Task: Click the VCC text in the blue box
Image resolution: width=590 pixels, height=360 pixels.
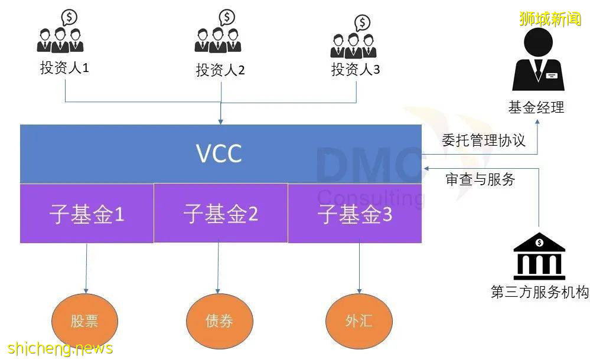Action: tap(219, 154)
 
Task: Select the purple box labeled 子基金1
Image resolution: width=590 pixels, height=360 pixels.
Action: tap(87, 214)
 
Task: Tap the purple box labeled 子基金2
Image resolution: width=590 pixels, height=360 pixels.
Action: tap(221, 213)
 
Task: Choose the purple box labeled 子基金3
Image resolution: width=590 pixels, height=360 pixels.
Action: tap(355, 214)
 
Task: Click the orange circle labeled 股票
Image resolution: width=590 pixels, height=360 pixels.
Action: tap(84, 321)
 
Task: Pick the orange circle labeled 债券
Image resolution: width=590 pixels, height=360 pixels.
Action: tap(219, 321)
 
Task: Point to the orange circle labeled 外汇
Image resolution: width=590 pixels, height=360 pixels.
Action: tap(358, 321)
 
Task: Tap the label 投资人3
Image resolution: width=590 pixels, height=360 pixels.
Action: tap(356, 69)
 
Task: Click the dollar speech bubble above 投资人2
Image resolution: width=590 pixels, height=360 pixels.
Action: tap(227, 17)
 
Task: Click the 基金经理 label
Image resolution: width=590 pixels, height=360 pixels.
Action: tap(536, 107)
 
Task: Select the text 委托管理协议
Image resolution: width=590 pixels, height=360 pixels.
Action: tap(483, 140)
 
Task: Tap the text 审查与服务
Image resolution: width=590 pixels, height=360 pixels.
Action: tap(480, 179)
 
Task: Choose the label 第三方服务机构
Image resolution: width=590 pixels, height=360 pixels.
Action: tap(539, 292)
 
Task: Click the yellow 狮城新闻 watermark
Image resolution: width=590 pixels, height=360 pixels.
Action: tap(550, 19)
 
